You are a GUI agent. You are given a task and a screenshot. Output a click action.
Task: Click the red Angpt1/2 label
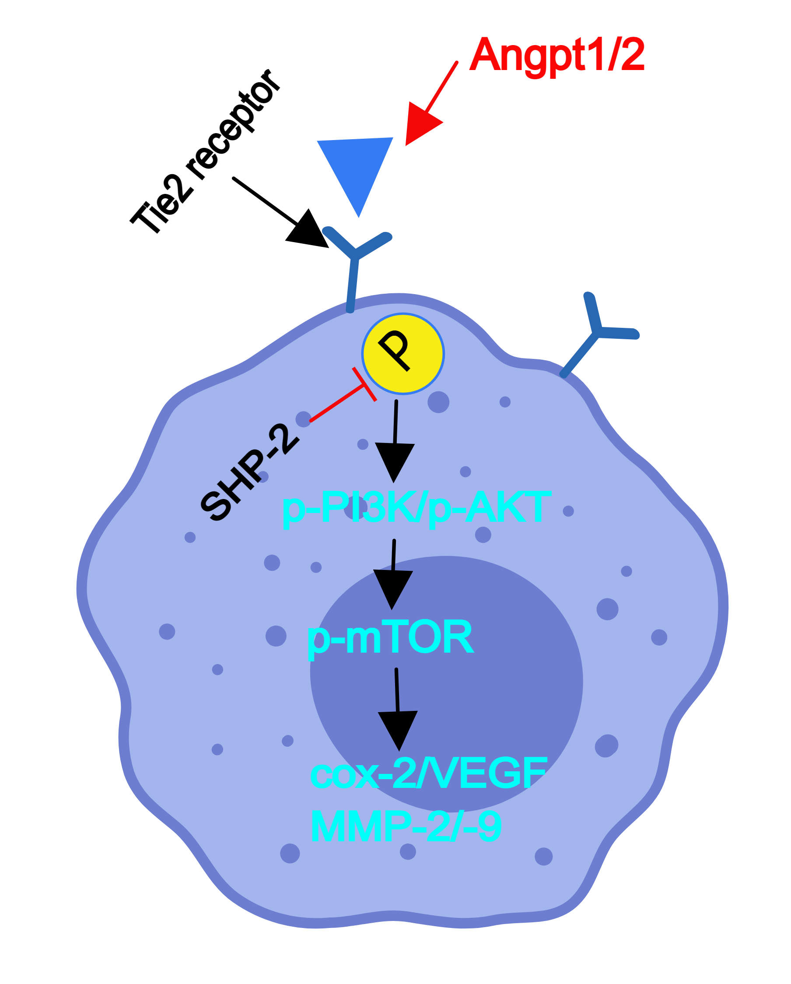(x=557, y=55)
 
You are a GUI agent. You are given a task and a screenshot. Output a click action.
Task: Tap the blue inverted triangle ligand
(x=357, y=169)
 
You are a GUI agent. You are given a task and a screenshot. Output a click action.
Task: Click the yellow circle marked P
(x=402, y=354)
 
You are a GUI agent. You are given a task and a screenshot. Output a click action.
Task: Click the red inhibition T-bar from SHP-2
(x=364, y=385)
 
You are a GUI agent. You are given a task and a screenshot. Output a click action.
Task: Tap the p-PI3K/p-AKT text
(x=416, y=506)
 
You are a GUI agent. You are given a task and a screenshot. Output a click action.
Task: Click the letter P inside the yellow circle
(x=395, y=350)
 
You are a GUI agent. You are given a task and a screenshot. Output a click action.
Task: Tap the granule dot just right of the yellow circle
(x=438, y=402)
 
